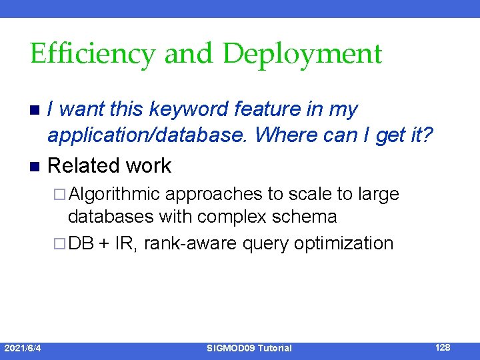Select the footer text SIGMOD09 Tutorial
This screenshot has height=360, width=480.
click(x=249, y=348)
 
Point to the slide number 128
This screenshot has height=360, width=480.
click(x=443, y=347)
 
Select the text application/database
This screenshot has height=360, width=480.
click(x=148, y=136)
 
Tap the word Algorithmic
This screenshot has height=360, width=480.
click(x=114, y=194)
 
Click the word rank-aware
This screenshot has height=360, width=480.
click(x=190, y=243)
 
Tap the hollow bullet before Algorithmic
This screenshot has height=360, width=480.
click(x=59, y=195)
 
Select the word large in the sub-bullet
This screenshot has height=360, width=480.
click(x=379, y=194)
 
